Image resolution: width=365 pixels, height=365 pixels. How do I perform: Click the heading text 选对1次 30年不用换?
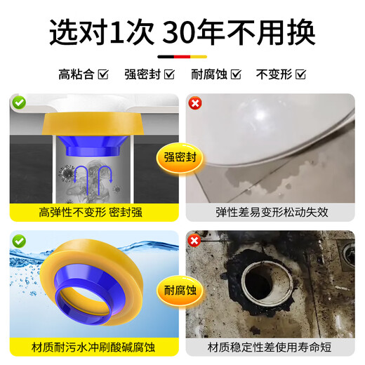click(x=182, y=31)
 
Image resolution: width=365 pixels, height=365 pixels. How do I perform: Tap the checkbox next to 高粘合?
click(x=104, y=73)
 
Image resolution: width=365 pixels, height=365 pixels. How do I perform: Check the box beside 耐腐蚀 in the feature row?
click(x=236, y=73)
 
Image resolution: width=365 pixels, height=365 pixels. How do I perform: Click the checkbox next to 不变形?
click(x=301, y=73)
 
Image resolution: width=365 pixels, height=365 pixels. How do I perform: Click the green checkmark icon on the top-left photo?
click(x=19, y=103)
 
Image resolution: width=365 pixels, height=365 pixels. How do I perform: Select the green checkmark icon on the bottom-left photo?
click(x=19, y=239)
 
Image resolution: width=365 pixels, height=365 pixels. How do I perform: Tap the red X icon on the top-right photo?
click(x=194, y=103)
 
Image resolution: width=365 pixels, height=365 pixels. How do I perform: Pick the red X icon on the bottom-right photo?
click(x=194, y=239)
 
